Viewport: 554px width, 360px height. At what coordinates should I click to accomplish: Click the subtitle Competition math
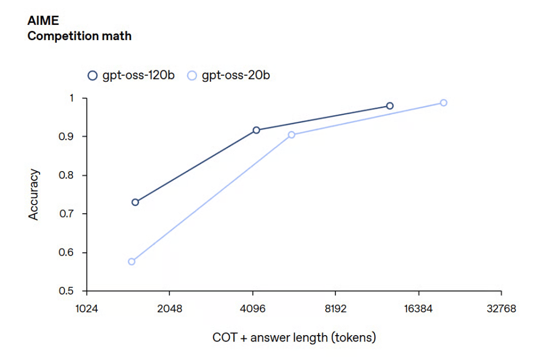pyautogui.click(x=80, y=36)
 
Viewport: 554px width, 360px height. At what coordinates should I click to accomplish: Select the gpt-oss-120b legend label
pyautogui.click(x=138, y=75)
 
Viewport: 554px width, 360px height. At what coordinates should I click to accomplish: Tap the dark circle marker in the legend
pyautogui.click(x=93, y=75)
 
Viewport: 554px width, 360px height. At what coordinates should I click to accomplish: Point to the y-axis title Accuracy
pyautogui.click(x=34, y=194)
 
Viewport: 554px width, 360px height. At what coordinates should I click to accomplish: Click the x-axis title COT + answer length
pyautogui.click(x=294, y=337)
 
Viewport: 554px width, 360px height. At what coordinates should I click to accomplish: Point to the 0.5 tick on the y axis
pyautogui.click(x=72, y=291)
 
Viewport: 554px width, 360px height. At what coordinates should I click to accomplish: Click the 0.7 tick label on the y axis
pyautogui.click(x=72, y=214)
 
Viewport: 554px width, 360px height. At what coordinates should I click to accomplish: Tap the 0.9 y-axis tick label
pyautogui.click(x=72, y=136)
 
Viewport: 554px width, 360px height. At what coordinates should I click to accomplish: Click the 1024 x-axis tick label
pyautogui.click(x=87, y=309)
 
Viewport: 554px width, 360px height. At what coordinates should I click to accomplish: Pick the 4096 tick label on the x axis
pyautogui.click(x=253, y=309)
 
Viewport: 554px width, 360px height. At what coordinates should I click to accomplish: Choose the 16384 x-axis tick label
pyautogui.click(x=418, y=309)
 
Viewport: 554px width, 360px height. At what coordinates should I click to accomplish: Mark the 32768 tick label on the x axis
pyautogui.click(x=501, y=309)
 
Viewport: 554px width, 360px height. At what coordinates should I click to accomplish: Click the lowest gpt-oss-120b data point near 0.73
pyautogui.click(x=135, y=202)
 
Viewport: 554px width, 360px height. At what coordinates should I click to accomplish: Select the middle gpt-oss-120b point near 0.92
pyautogui.click(x=256, y=130)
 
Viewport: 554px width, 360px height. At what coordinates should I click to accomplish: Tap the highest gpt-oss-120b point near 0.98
pyautogui.click(x=390, y=106)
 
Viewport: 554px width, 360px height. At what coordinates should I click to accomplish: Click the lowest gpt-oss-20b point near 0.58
pyautogui.click(x=131, y=261)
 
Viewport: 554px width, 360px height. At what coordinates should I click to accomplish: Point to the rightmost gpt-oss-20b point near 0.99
pyautogui.click(x=443, y=102)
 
